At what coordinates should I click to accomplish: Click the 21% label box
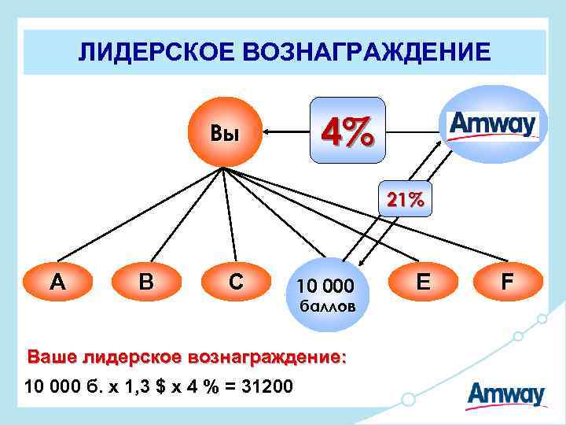tap(403, 200)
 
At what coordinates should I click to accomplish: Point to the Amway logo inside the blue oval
tap(492, 124)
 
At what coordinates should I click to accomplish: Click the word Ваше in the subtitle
tap(51, 357)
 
